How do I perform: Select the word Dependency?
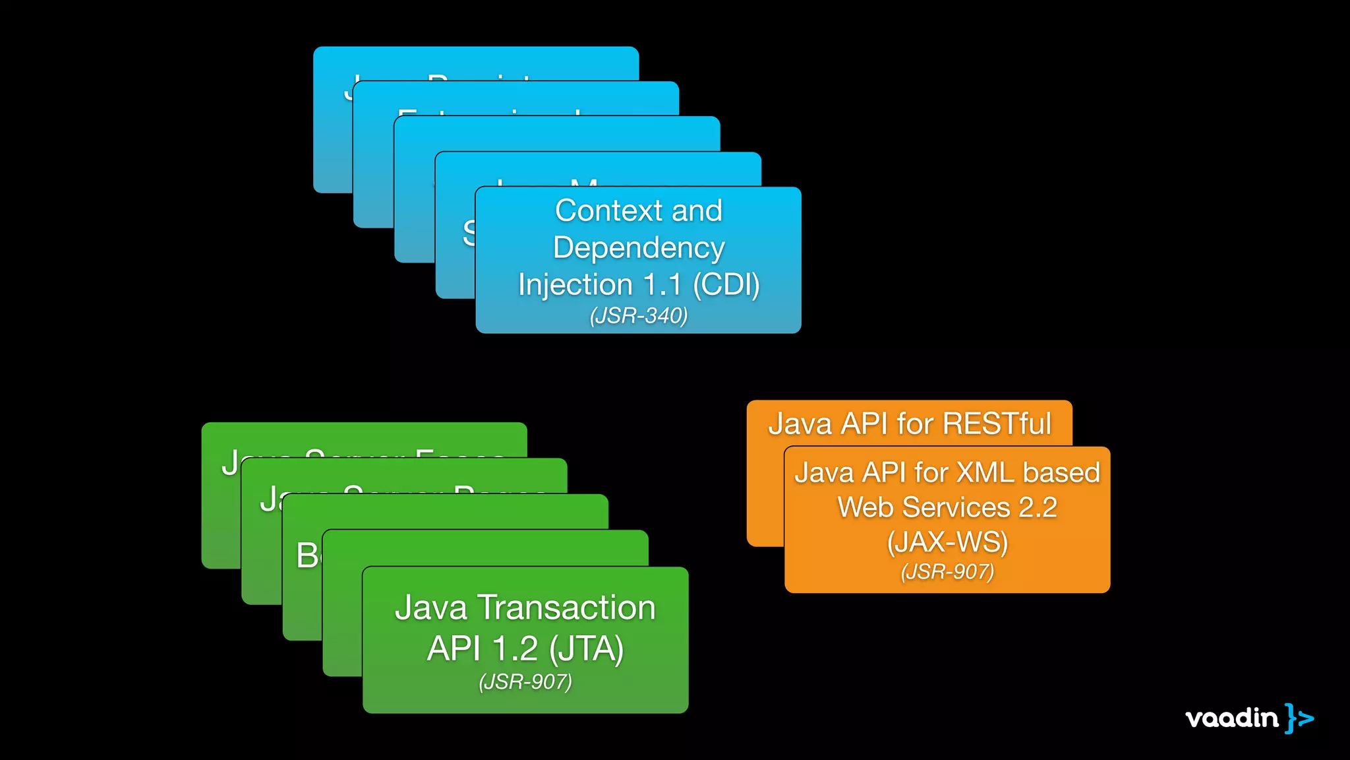639,248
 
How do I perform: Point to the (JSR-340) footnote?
639,316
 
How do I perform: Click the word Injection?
575,285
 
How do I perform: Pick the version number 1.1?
662,285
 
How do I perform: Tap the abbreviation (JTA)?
586,649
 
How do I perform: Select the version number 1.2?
515,649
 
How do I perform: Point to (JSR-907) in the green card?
525,681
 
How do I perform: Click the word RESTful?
997,424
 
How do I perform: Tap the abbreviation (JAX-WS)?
947,542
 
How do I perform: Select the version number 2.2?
1038,507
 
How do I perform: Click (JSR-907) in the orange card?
947,571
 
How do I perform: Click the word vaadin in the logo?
1231,718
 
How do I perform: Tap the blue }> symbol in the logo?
1299,718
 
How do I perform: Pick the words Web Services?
924,507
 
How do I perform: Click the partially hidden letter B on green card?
307,555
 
